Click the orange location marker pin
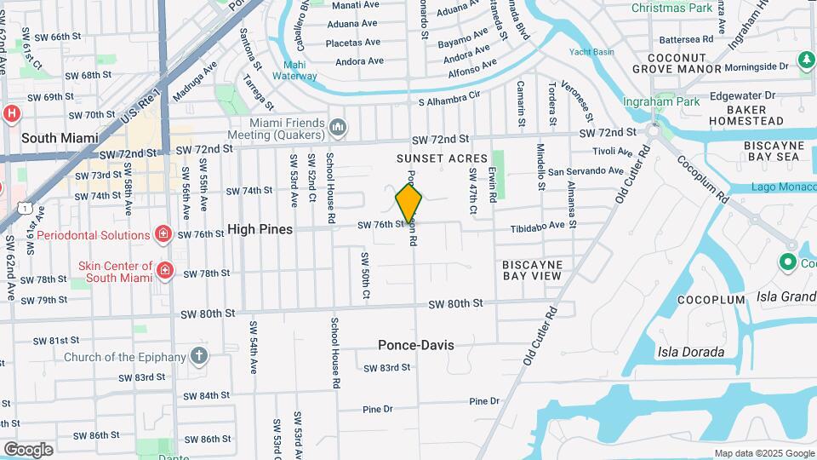[408, 204]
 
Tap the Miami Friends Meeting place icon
[338, 129]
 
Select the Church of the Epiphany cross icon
[199, 355]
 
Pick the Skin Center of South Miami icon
[164, 271]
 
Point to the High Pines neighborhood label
[260, 230]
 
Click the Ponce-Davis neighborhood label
[416, 345]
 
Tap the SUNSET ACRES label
[442, 159]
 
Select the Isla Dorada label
[691, 352]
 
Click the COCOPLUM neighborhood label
[711, 301]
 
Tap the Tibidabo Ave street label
[538, 226]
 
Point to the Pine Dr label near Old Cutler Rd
[483, 401]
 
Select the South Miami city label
[60, 138]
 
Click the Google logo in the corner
[28, 449]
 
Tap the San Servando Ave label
[586, 170]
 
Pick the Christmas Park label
[671, 8]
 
